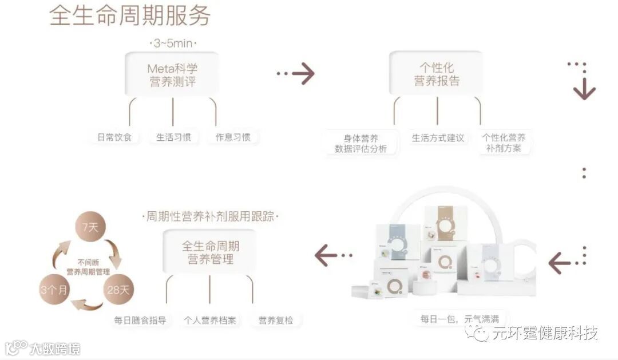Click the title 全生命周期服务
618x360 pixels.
(130, 15)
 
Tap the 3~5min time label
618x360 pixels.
(173, 43)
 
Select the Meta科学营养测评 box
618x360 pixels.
(172, 74)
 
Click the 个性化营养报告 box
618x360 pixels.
(437, 74)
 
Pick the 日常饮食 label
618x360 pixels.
(114, 137)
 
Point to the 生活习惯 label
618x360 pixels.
(173, 137)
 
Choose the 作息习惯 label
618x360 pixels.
(232, 137)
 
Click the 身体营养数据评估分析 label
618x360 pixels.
(360, 143)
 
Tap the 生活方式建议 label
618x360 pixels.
(438, 138)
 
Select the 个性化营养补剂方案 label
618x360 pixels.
(504, 143)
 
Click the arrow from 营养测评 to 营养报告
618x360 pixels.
(296, 73)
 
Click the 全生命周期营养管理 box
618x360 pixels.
(210, 252)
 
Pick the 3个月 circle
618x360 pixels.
(54, 289)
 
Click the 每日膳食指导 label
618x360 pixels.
(140, 320)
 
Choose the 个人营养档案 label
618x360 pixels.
(210, 320)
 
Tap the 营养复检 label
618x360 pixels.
(276, 320)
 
